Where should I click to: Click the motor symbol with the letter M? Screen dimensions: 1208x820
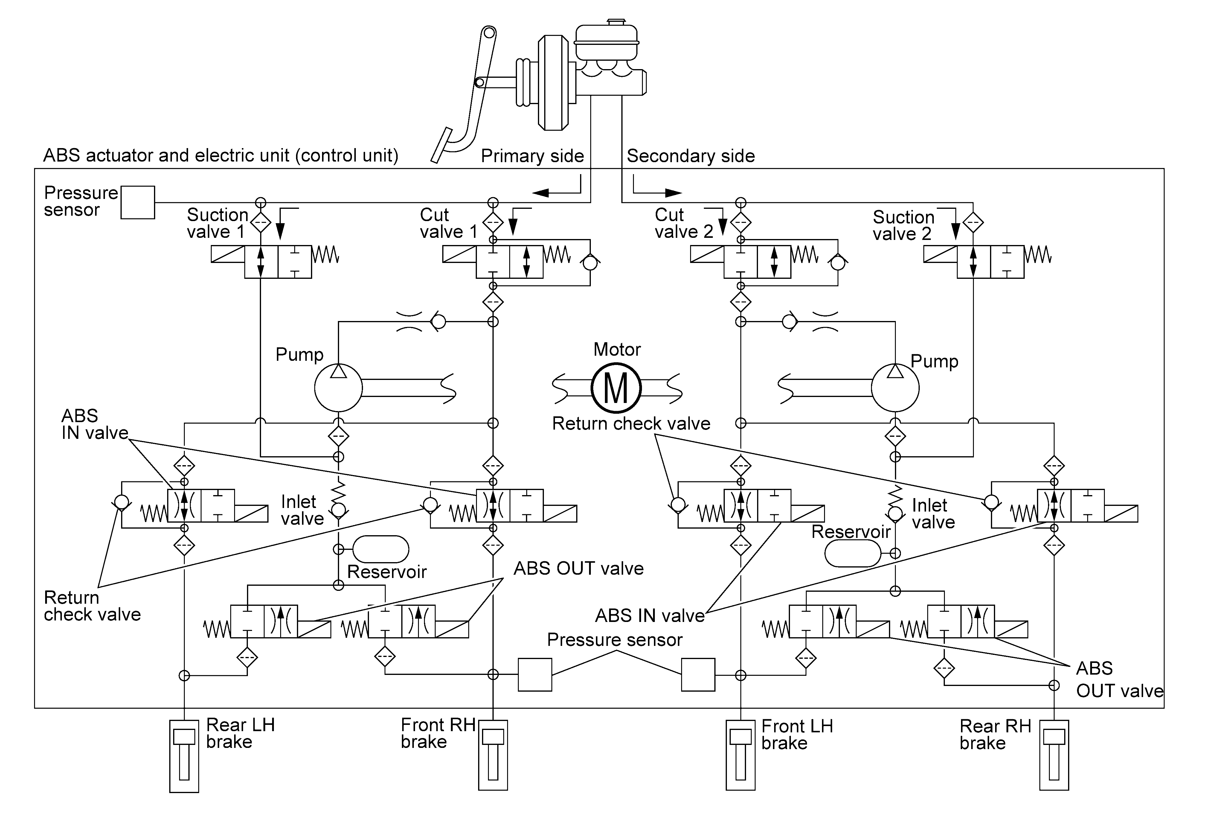pyautogui.click(x=616, y=388)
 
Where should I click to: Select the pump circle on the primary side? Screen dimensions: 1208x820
pyautogui.click(x=338, y=388)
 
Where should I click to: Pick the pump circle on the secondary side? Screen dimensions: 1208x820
pyautogui.click(x=895, y=388)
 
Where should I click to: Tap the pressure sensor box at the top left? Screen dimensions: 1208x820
pyautogui.click(x=138, y=202)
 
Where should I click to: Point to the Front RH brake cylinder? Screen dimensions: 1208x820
pyautogui.click(x=493, y=755)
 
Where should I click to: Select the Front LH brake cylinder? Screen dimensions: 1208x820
pyautogui.click(x=740, y=755)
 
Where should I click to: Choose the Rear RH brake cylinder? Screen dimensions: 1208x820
pyautogui.click(x=1054, y=755)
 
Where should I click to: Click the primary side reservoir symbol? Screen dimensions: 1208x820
pyautogui.click(x=381, y=549)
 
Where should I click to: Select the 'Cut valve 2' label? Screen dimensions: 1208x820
pyautogui.click(x=684, y=223)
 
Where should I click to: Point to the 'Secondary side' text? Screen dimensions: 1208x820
pyautogui.click(x=691, y=156)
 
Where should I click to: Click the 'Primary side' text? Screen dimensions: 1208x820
pyautogui.click(x=532, y=156)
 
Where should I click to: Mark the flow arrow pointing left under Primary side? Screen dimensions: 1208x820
pyautogui.click(x=556, y=192)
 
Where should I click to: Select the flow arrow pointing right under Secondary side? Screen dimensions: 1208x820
pyautogui.click(x=657, y=192)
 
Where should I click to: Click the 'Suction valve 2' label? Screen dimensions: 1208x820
pyautogui.click(x=903, y=225)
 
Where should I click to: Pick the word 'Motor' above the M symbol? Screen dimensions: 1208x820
pyautogui.click(x=617, y=349)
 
